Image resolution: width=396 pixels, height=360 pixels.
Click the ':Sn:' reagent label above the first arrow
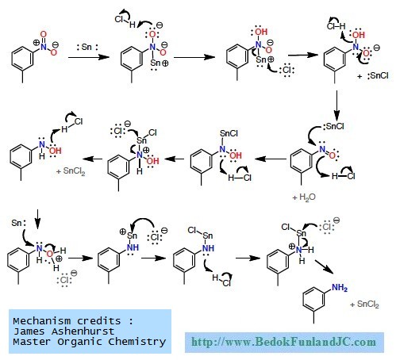click(87, 48)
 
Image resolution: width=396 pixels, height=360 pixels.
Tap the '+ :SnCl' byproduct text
click(373, 76)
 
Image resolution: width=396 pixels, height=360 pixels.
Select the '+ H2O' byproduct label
click(304, 197)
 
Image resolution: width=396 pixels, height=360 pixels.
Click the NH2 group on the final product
click(340, 288)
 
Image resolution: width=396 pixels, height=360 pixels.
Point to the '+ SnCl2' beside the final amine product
click(364, 304)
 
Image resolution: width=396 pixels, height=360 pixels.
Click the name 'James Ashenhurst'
click(63, 331)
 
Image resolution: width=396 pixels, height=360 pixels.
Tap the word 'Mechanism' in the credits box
click(42, 321)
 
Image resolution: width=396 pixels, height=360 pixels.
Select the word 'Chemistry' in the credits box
click(137, 342)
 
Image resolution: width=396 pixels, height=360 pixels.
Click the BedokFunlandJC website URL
click(283, 342)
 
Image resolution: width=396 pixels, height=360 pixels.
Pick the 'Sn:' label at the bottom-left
click(19, 223)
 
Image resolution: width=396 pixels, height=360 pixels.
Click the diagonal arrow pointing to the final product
click(324, 266)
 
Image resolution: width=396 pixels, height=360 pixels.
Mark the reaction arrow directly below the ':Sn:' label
click(88, 57)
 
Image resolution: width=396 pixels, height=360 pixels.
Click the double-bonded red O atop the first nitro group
click(44, 34)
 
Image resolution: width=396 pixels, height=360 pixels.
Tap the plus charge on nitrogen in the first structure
click(36, 42)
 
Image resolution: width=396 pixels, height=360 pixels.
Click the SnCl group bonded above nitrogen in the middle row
click(229, 133)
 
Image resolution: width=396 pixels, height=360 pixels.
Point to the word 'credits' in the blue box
click(99, 321)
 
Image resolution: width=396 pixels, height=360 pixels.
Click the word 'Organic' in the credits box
click(79, 342)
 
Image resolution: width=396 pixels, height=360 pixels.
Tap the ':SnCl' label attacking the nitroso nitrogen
click(333, 126)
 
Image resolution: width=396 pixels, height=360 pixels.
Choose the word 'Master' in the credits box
click(32, 342)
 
